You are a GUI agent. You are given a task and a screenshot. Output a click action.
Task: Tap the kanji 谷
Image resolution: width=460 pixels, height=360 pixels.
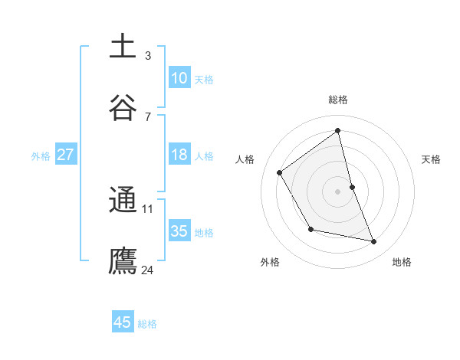pyautogui.click(x=123, y=108)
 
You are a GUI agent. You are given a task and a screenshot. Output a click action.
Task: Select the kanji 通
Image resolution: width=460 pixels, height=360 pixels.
pyautogui.click(x=123, y=200)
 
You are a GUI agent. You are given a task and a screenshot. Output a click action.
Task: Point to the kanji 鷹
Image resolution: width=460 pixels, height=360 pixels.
pyautogui.click(x=123, y=260)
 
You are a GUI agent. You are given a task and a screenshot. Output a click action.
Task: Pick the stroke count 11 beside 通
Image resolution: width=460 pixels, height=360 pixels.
pyautogui.click(x=148, y=208)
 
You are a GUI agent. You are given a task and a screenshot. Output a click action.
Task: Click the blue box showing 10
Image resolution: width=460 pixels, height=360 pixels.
pyautogui.click(x=179, y=78)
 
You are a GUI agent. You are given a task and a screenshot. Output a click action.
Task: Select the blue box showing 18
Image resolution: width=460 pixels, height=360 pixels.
pyautogui.click(x=179, y=155)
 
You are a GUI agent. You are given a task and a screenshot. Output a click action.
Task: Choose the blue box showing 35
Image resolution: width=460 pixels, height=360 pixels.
pyautogui.click(x=179, y=231)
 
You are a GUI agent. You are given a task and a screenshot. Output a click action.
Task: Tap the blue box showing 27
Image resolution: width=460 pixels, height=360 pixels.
pyautogui.click(x=66, y=155)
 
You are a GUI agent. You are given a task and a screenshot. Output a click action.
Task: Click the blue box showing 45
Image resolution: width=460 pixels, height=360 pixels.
pyautogui.click(x=123, y=322)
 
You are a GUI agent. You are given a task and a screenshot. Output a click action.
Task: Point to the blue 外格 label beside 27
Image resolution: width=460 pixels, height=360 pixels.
pyautogui.click(x=41, y=155)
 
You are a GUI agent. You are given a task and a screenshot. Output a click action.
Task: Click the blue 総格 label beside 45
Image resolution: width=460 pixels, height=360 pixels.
pyautogui.click(x=147, y=324)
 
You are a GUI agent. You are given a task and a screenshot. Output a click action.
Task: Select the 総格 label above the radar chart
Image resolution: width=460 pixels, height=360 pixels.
pyautogui.click(x=338, y=100)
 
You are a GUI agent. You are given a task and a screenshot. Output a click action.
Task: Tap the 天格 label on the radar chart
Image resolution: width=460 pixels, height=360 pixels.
pyautogui.click(x=432, y=159)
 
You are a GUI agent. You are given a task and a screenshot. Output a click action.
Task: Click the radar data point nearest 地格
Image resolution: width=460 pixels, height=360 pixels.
pyautogui.click(x=374, y=242)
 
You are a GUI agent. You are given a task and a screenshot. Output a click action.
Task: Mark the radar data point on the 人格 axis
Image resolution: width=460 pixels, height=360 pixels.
pyautogui.click(x=280, y=172)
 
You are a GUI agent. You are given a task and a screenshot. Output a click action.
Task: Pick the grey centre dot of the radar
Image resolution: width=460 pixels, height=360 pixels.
pyautogui.click(x=338, y=191)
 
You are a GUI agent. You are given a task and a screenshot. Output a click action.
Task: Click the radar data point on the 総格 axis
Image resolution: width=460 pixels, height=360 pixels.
pyautogui.click(x=338, y=131)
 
